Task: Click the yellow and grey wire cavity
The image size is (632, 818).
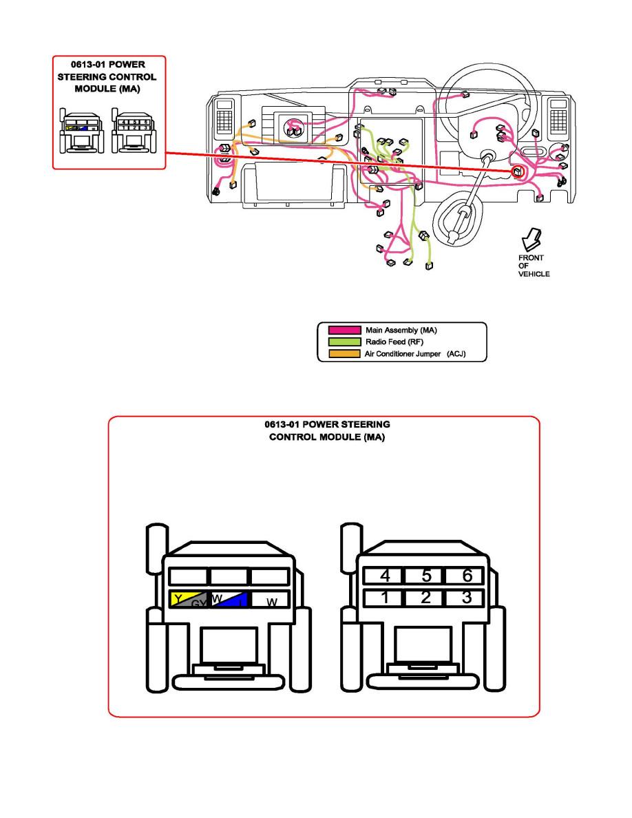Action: [188, 600]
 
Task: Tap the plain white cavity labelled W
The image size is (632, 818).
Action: [269, 600]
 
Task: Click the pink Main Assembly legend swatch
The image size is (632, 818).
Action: [340, 331]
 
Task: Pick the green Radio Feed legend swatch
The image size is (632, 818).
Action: [340, 342]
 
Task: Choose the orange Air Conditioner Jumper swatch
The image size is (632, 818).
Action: [340, 354]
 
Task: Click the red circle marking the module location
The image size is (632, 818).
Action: [516, 170]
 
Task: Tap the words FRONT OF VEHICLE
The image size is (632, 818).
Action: [533, 266]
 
